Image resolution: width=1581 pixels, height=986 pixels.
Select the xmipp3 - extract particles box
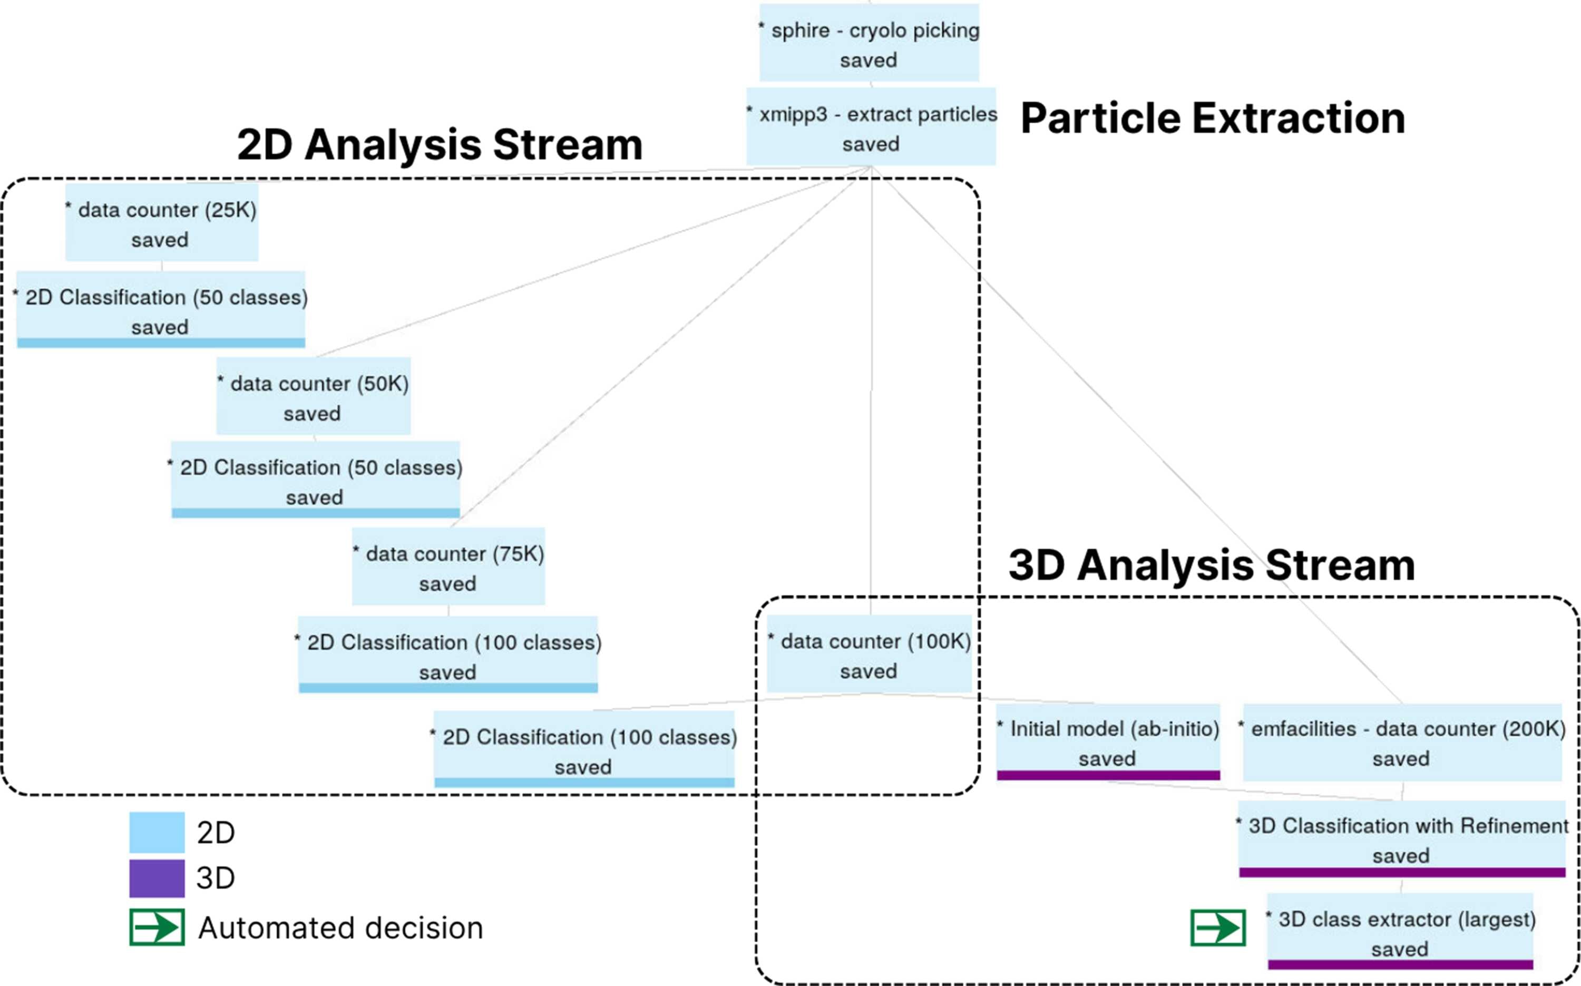tap(871, 126)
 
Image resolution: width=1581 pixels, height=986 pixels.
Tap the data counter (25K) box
tap(162, 222)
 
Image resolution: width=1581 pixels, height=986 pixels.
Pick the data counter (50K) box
tap(314, 396)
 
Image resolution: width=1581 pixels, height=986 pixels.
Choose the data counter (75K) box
tap(448, 566)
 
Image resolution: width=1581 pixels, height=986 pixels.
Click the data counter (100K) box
tap(869, 653)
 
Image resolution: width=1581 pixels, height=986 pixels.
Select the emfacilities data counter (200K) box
tap(1402, 742)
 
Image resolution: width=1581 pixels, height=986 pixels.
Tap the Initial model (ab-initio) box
tap(1108, 742)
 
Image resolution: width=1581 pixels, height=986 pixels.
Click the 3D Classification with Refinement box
tap(1402, 838)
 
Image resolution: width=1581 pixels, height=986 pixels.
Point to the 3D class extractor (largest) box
tap(1400, 931)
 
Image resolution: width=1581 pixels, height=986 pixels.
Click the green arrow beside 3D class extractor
tap(1218, 928)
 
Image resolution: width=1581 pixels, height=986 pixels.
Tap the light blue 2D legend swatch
tap(157, 832)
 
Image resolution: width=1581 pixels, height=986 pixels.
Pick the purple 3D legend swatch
tap(157, 878)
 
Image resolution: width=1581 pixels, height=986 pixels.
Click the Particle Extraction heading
tap(1213, 119)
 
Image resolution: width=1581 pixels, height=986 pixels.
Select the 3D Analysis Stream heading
tap(1212, 565)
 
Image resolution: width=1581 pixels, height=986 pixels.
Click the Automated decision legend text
tap(340, 928)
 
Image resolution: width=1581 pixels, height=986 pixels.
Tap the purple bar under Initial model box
tap(1108, 775)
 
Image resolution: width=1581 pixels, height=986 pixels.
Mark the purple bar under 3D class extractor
tap(1400, 964)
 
